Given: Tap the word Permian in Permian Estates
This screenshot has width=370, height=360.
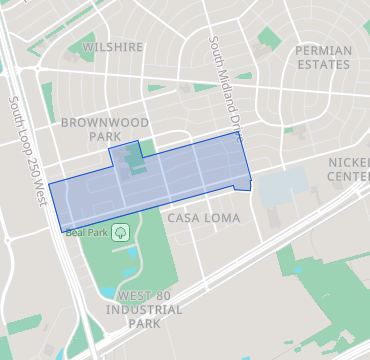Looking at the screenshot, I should (x=323, y=49).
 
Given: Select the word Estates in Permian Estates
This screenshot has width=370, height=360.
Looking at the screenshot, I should (x=323, y=64).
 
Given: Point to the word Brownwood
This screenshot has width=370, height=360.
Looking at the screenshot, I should (x=104, y=122).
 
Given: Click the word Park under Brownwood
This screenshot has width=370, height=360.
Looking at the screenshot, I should (x=104, y=136).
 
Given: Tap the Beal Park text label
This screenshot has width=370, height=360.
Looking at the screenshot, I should (x=87, y=233).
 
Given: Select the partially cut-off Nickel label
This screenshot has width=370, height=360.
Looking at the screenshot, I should (x=349, y=162).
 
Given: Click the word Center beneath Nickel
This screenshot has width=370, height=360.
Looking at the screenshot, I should (x=349, y=176).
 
